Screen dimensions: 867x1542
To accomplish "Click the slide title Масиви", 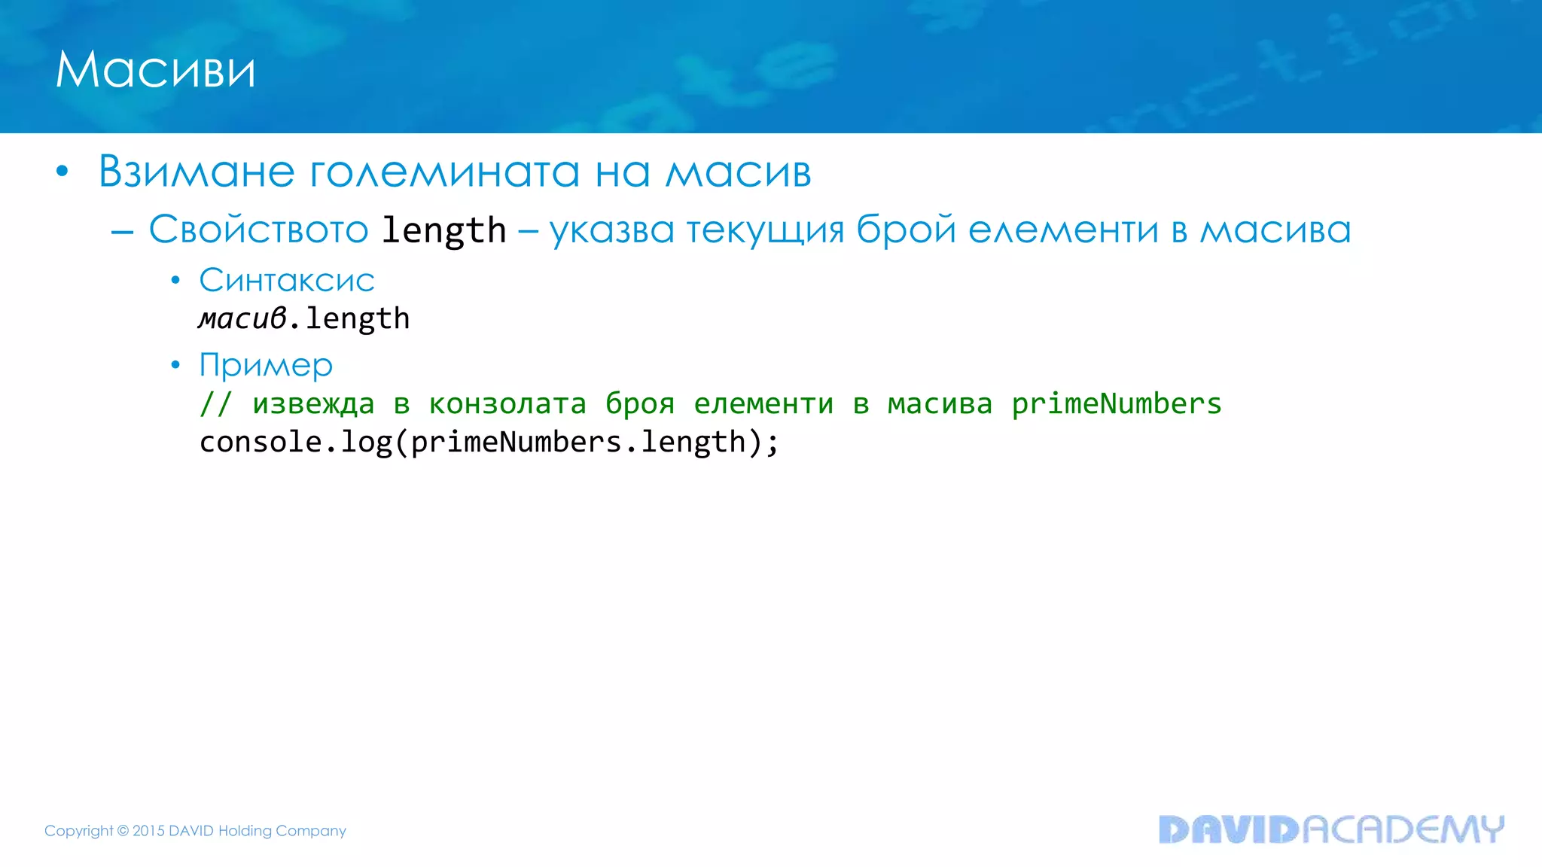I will (x=156, y=70).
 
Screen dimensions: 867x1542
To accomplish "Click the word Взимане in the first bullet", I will (x=197, y=172).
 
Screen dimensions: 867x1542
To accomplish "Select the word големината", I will (x=445, y=172).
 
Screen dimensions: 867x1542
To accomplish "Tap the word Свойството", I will (x=258, y=230).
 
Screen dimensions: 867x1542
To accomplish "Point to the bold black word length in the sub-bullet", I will (x=443, y=230).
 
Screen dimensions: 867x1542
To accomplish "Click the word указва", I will (x=611, y=230).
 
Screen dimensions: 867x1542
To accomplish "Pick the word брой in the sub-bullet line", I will (x=906, y=230).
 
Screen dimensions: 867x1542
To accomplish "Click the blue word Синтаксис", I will (x=287, y=281).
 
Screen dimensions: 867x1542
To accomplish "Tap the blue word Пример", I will (x=266, y=366).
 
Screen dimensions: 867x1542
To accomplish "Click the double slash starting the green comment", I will (x=215, y=404).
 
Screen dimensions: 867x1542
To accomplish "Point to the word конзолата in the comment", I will (x=507, y=404).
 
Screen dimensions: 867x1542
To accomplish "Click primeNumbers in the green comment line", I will (x=1116, y=404).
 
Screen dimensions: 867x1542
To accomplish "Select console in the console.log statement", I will (x=261, y=443).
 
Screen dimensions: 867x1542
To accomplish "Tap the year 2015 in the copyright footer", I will (x=148, y=831).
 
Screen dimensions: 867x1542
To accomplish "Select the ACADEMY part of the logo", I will (x=1403, y=829).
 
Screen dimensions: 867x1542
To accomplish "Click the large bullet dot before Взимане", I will (x=62, y=172).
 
